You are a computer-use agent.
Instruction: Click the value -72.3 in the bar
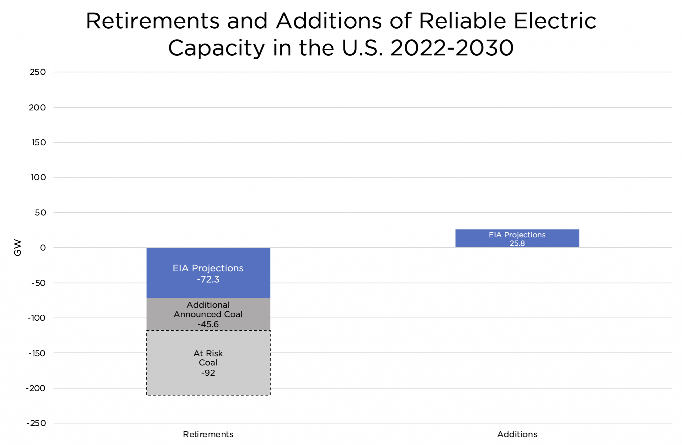208,279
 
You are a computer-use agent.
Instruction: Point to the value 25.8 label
517,243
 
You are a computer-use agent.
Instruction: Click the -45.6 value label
208,324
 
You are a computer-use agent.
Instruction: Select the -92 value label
208,373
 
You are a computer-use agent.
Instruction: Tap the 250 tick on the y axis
38,72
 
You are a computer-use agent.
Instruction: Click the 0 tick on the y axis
43,248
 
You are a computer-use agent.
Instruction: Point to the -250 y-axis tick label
36,423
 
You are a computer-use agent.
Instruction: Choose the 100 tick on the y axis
38,177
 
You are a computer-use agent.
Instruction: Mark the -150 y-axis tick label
37,353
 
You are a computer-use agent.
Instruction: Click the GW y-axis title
18,248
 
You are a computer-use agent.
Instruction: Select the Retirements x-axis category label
208,434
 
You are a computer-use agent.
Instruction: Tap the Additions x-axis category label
517,434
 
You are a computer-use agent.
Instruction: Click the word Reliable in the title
462,21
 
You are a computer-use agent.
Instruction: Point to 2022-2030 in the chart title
452,48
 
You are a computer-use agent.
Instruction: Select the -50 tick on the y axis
39,283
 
